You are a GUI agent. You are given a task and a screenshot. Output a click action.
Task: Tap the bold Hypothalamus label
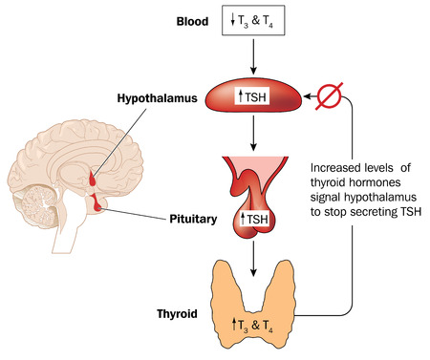156,96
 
